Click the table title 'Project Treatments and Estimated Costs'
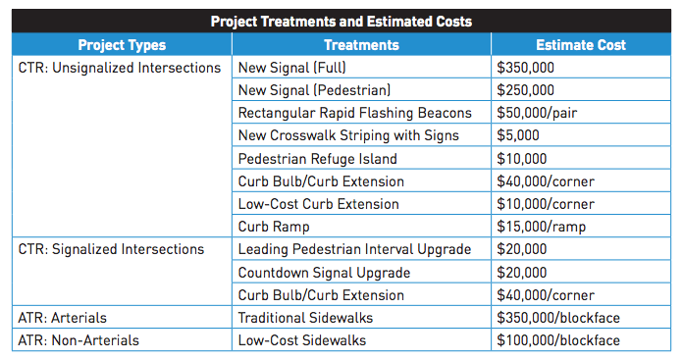pyautogui.click(x=341, y=21)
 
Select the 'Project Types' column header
pyautogui.click(x=122, y=44)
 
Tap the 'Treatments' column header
pyautogui.click(x=361, y=44)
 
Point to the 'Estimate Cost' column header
pyautogui.click(x=581, y=44)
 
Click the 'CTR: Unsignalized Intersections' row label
pyautogui.click(x=120, y=68)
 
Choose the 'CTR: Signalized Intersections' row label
pyautogui.click(x=111, y=249)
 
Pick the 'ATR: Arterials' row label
pyautogui.click(x=63, y=318)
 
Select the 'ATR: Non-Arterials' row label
pyautogui.click(x=79, y=340)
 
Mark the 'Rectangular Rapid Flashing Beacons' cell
pyautogui.click(x=354, y=113)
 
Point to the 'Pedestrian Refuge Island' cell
pyautogui.click(x=317, y=159)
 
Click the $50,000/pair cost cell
pyautogui.click(x=538, y=113)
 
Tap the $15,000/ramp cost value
pyautogui.click(x=540, y=227)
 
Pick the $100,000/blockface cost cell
pyautogui.click(x=560, y=340)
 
